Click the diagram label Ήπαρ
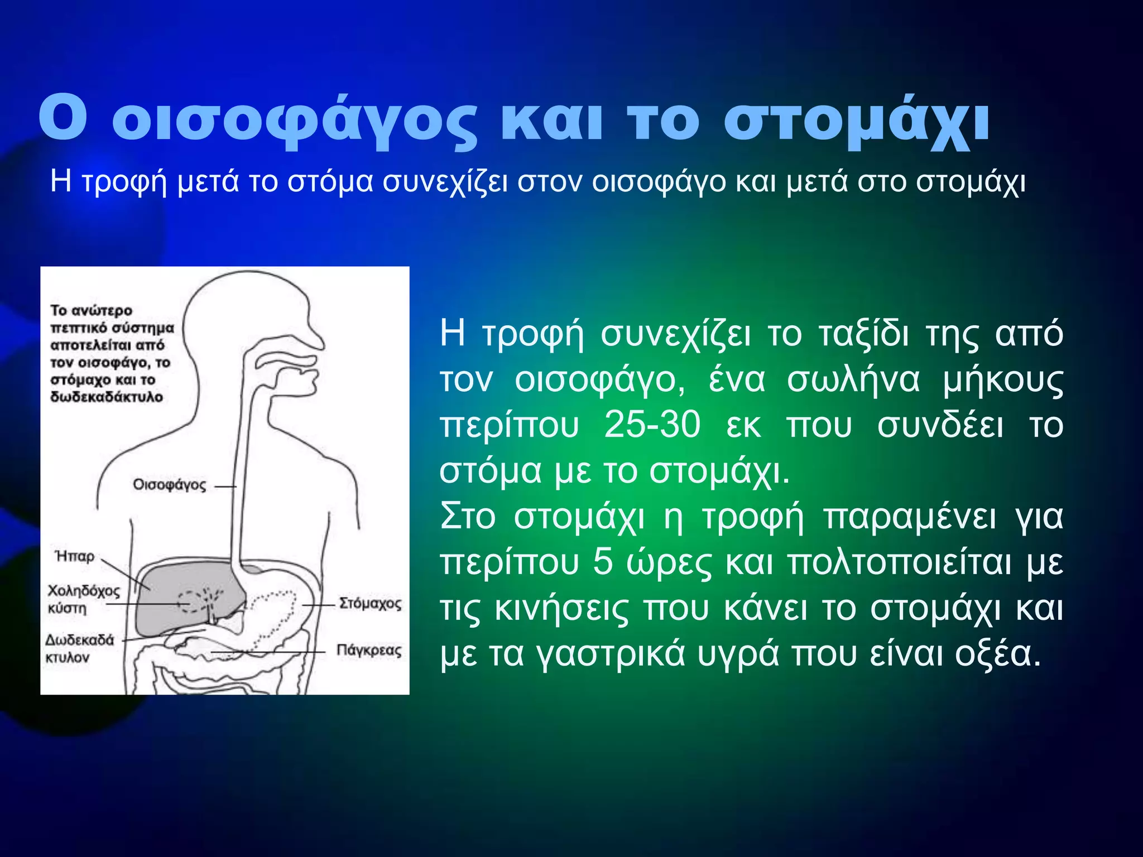(x=75, y=556)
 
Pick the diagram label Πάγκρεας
(x=369, y=651)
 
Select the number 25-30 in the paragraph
(x=652, y=425)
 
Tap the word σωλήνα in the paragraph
(x=853, y=380)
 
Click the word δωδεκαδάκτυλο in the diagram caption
(x=107, y=397)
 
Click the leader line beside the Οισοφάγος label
(x=225, y=487)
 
